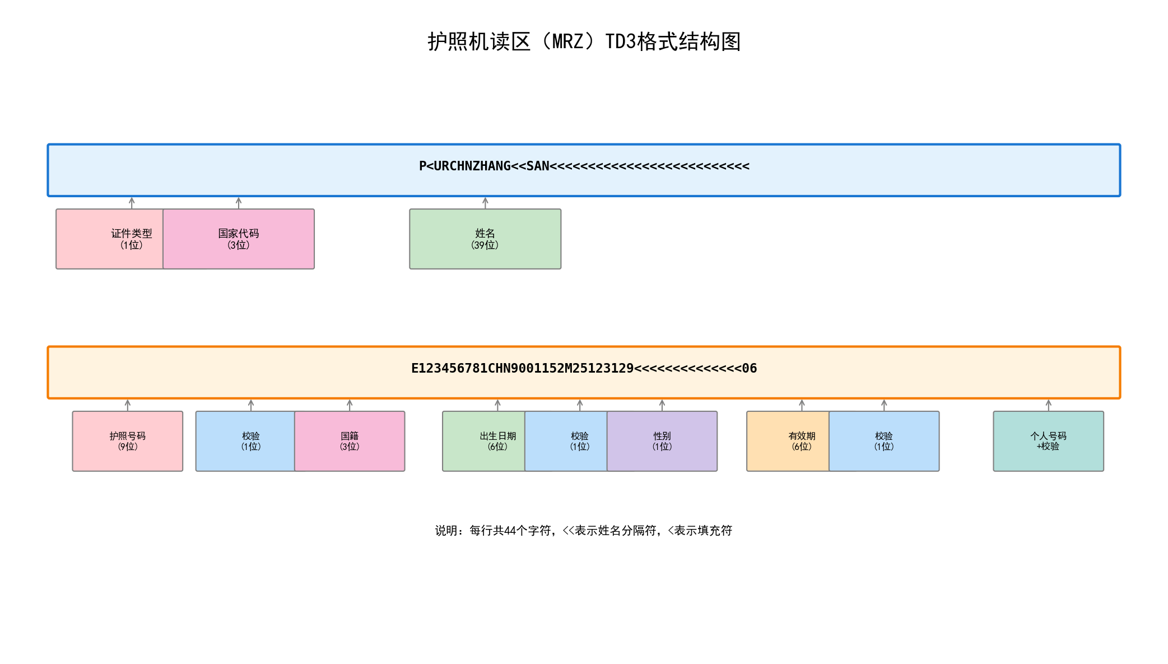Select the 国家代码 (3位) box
click(x=239, y=239)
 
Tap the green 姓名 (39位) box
click(x=485, y=239)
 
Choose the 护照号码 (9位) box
click(x=128, y=442)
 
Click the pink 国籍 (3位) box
click(x=350, y=442)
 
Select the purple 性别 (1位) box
click(x=662, y=442)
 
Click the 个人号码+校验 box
click(x=1048, y=442)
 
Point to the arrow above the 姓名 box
click(x=485, y=203)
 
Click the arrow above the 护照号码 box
click(x=128, y=405)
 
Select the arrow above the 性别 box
click(x=662, y=405)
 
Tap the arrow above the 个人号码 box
click(x=1048, y=405)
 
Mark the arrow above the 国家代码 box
click(x=239, y=203)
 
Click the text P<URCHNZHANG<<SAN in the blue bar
click(x=484, y=166)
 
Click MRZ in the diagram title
click(x=567, y=42)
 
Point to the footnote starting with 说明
click(x=584, y=531)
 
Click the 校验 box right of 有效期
click(x=884, y=442)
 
